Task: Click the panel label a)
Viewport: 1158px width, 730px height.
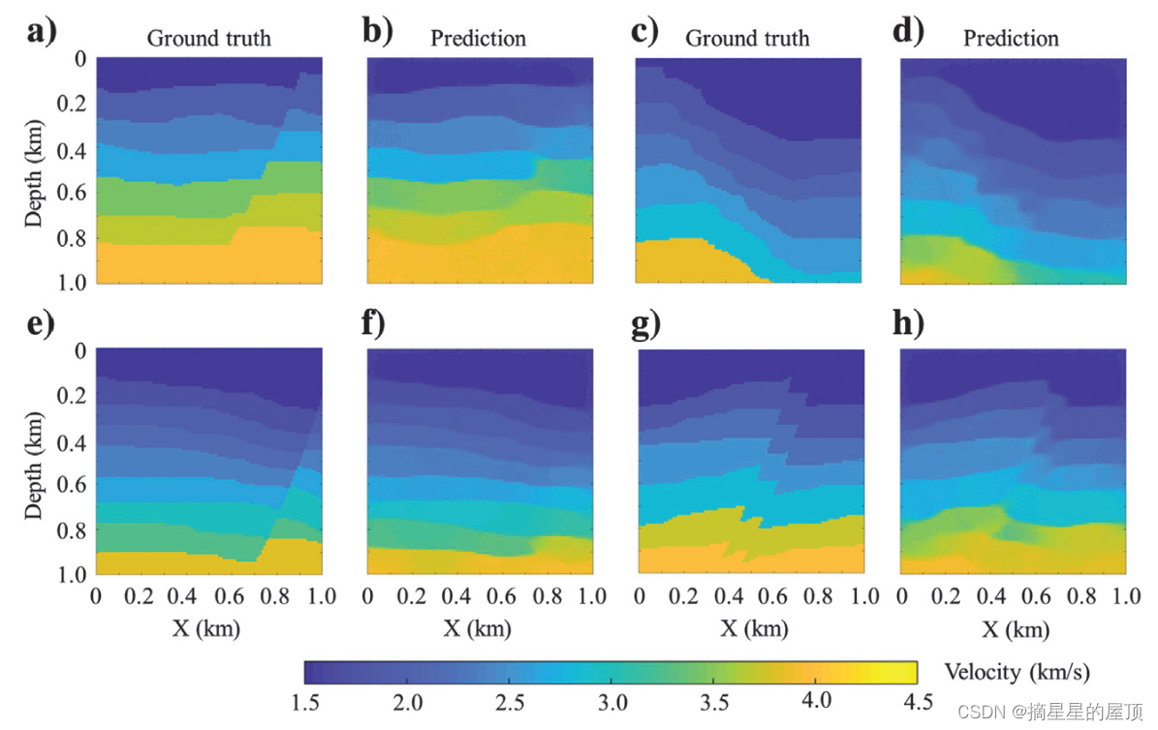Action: tap(42, 34)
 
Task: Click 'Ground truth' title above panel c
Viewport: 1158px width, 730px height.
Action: tap(747, 39)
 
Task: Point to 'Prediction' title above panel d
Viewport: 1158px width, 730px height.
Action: tap(1011, 39)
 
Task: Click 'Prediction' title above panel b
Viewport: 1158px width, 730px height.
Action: tap(478, 39)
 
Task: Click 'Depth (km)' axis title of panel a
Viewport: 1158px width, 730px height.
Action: tap(35, 170)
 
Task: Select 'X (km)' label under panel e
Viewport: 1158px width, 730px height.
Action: tap(207, 629)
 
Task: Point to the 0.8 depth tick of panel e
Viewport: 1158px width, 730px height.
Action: tap(75, 531)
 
